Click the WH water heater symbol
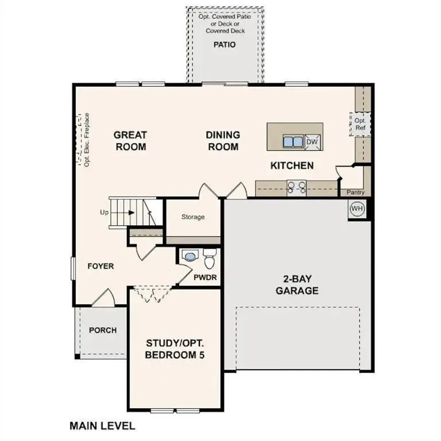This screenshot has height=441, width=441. tap(357, 208)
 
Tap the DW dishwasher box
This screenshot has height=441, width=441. tap(312, 141)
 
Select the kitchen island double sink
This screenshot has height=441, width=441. tap(293, 141)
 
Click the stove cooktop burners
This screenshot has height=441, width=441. tap(297, 187)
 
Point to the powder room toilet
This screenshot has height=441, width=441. tap(209, 260)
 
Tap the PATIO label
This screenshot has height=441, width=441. tap(225, 44)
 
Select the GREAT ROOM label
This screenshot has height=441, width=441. tap(130, 141)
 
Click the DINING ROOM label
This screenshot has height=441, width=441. tap(223, 141)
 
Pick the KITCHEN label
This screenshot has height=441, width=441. tap(292, 165)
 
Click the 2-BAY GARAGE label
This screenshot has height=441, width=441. tap(297, 284)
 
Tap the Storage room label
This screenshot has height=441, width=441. tap(193, 217)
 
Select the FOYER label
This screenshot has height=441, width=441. tap(100, 266)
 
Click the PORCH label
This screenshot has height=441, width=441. tap(103, 330)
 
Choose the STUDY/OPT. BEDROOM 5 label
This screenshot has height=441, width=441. tap(175, 349)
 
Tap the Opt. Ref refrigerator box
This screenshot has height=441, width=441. tap(360, 124)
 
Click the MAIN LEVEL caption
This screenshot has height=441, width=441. tap(102, 425)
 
